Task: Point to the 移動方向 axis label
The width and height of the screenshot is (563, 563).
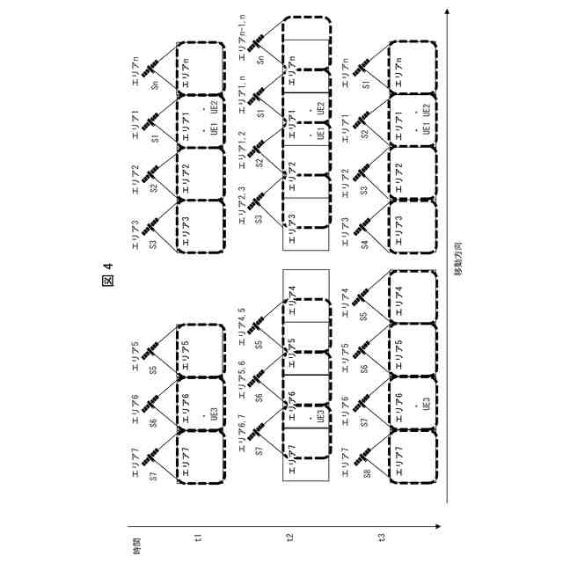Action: click(459, 260)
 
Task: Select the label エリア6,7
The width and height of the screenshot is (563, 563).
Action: click(242, 430)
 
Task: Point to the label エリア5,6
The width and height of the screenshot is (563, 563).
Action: click(242, 375)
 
